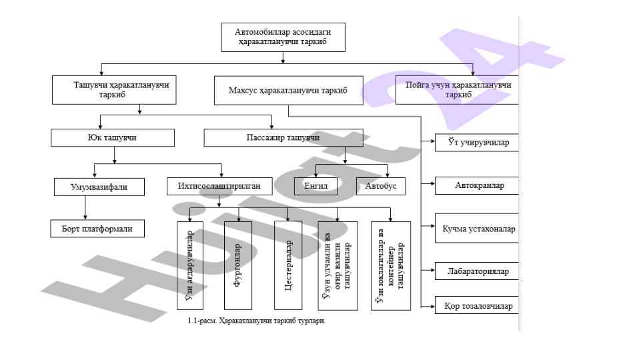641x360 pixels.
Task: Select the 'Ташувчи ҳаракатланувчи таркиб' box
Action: tap(115, 90)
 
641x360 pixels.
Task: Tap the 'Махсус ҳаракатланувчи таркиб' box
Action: tap(289, 90)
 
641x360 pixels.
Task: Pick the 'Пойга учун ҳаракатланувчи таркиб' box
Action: tap(457, 90)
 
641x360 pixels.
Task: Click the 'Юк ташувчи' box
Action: tap(113, 138)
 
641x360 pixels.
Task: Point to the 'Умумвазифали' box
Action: tap(99, 187)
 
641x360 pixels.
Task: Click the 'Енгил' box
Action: tap(315, 186)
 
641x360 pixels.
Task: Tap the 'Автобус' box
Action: tap(380, 186)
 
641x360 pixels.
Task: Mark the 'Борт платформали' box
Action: tap(97, 229)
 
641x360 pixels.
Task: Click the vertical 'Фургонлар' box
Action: tap(238, 265)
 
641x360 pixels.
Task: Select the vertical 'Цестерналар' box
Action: tap(288, 265)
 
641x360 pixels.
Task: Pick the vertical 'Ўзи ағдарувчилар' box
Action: tap(189, 265)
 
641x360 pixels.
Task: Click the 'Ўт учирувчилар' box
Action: tap(476, 143)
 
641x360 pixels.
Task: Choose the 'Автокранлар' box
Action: tap(476, 185)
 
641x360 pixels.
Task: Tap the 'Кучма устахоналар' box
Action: tap(476, 229)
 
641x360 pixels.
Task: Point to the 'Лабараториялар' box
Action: tap(476, 271)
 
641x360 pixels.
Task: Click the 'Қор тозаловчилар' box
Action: tap(476, 307)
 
